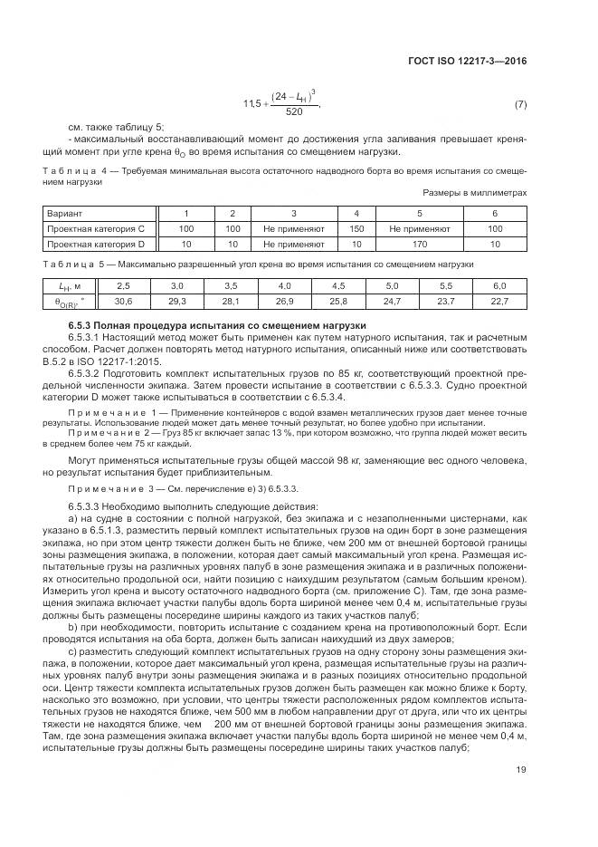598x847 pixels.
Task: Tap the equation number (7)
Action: pos(520,105)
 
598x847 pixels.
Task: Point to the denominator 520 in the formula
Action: pos(294,112)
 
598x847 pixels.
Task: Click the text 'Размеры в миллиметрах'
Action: pos(474,193)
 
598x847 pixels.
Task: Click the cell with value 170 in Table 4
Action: pos(419,244)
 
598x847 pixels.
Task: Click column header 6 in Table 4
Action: pos(495,213)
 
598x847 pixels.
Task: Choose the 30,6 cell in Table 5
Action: pos(124,300)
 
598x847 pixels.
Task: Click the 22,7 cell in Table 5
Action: pos(499,300)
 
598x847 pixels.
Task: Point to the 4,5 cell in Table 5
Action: pos(338,284)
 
